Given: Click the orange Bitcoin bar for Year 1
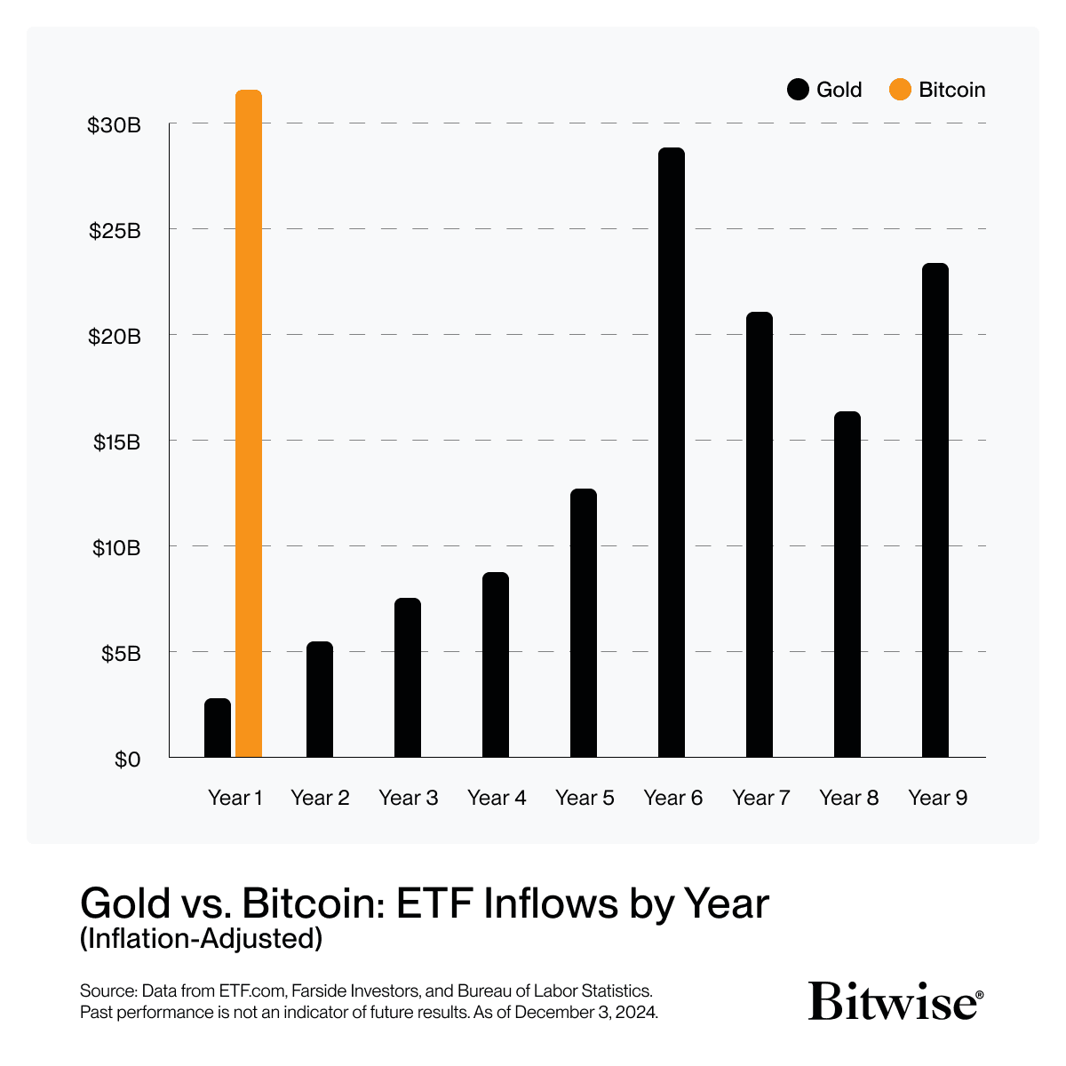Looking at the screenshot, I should [x=249, y=424].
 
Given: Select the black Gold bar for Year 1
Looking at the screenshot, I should [x=218, y=728].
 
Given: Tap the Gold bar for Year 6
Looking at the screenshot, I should [x=672, y=452].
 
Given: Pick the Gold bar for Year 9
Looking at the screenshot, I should [x=935, y=510].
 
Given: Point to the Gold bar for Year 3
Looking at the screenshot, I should [x=408, y=678].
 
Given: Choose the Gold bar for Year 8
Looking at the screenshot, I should [x=847, y=584].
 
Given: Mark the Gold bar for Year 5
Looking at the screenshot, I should [x=584, y=623].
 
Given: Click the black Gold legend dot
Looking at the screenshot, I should [x=798, y=90].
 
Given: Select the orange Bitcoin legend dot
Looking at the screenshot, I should [x=900, y=90].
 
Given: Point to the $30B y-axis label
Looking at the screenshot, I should [x=114, y=125].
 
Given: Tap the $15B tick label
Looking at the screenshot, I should [x=116, y=442].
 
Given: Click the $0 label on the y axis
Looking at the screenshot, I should [x=128, y=760].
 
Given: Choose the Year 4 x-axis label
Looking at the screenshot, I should [x=497, y=798].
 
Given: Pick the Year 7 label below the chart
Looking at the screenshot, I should [x=761, y=798].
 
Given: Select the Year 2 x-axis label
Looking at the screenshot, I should [x=320, y=798].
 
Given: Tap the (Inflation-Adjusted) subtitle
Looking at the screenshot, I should [x=201, y=938].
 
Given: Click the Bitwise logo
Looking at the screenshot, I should [x=895, y=1001].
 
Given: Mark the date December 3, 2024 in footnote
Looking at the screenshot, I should [x=585, y=1013].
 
